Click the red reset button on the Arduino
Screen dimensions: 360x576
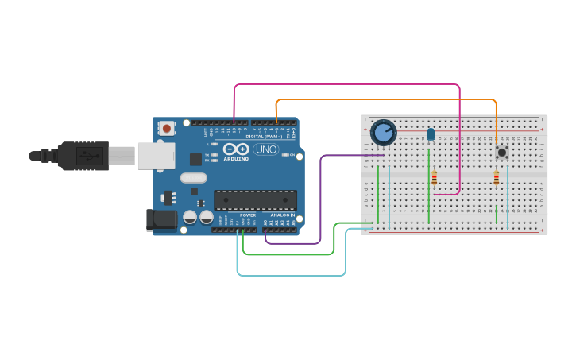click(x=166, y=128)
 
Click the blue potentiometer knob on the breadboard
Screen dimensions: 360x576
click(x=383, y=132)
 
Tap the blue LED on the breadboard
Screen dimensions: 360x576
click(x=431, y=134)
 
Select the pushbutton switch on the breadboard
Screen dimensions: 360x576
click(x=501, y=152)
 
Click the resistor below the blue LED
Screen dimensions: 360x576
click(x=434, y=179)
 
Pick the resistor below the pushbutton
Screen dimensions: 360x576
click(x=497, y=179)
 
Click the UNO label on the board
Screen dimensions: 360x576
click(x=265, y=149)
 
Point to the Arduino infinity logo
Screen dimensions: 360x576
click(x=235, y=149)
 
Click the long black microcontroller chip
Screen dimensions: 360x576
click(x=255, y=200)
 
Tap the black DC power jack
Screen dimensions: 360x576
click(x=160, y=220)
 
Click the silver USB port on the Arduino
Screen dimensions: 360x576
click(x=156, y=156)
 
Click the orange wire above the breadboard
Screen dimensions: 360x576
click(x=381, y=100)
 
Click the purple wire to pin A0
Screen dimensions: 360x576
click(x=321, y=199)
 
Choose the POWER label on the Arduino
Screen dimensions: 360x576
click(x=248, y=215)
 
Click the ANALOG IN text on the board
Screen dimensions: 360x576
click(x=282, y=215)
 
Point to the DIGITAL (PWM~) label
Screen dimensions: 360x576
click(x=265, y=137)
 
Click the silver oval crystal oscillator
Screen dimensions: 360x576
click(x=191, y=180)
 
